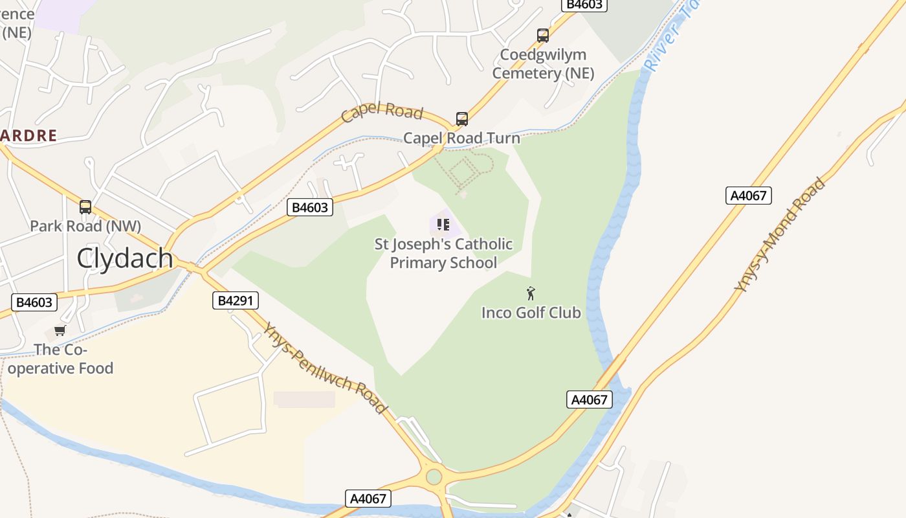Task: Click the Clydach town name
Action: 125,258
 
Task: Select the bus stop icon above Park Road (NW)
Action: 85,207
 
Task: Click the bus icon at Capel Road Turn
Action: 461,119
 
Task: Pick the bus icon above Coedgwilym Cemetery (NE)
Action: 543,35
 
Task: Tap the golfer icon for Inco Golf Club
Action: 531,293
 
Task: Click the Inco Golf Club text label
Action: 531,313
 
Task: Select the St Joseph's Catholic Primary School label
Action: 443,253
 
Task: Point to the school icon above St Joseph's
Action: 443,225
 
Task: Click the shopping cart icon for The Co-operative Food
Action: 60,331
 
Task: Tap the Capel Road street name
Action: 382,112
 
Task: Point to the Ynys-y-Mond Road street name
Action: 780,234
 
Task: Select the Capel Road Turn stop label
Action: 461,138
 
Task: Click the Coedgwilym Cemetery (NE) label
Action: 543,63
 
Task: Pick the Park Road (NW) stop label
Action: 85,226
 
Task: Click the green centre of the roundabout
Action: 434,477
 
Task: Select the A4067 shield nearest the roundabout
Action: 368,498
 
